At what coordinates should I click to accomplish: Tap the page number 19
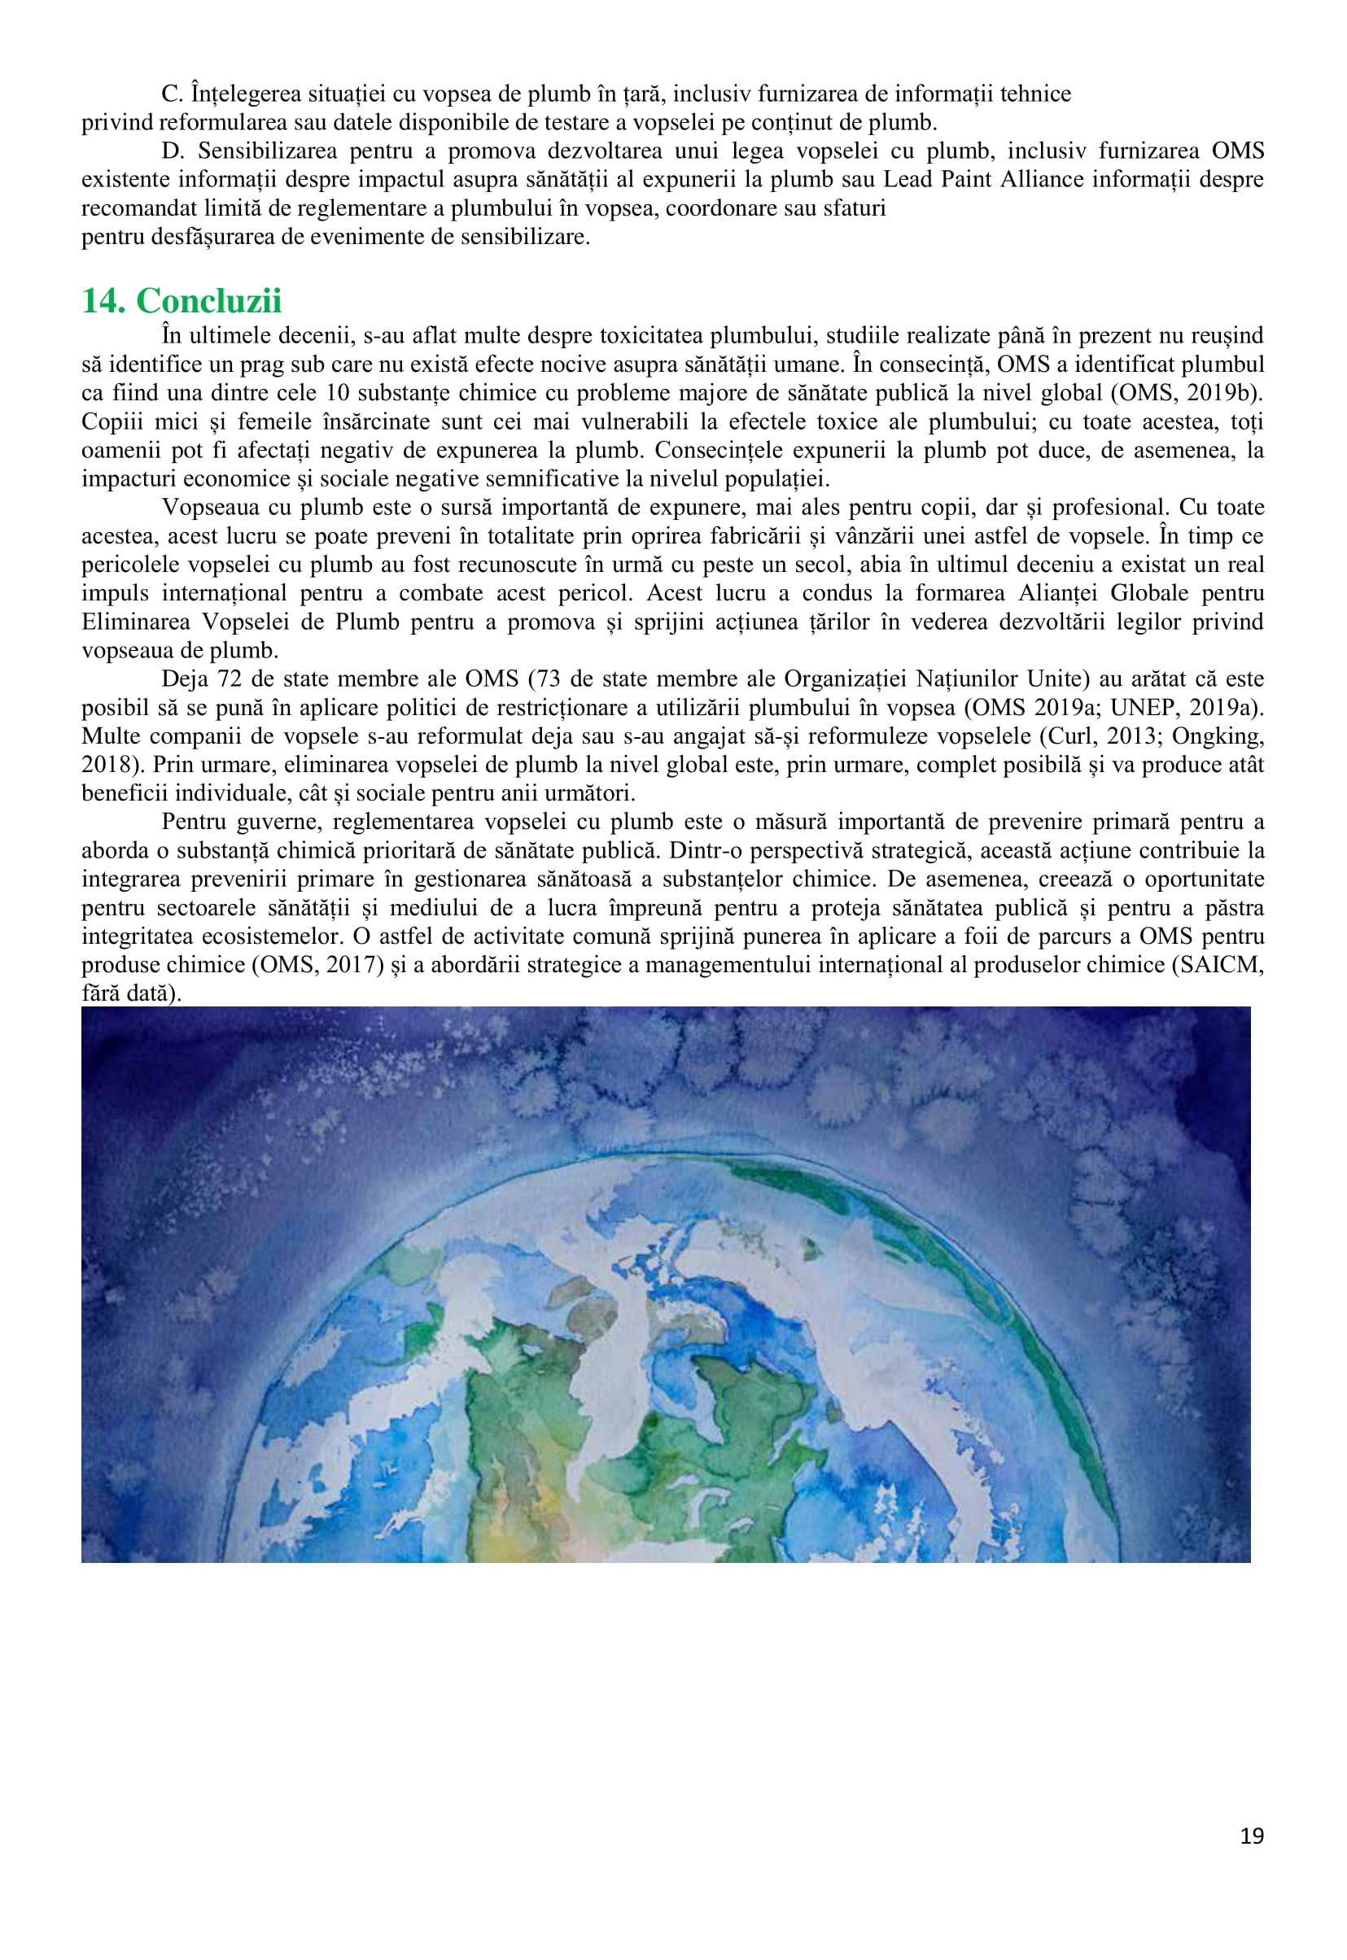click(x=1252, y=1836)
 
